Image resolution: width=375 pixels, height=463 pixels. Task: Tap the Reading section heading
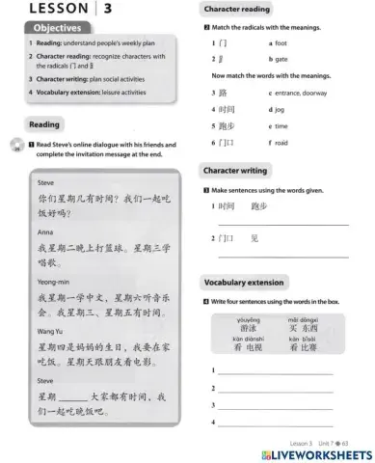[44, 124]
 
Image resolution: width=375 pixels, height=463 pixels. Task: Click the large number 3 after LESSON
[108, 9]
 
